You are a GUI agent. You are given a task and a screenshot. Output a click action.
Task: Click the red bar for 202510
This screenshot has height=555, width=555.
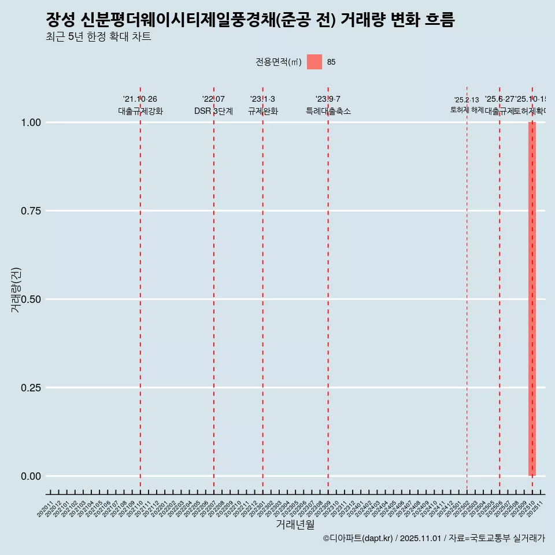pos(532,299)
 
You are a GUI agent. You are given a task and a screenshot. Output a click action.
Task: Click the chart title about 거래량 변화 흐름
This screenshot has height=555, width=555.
pos(250,20)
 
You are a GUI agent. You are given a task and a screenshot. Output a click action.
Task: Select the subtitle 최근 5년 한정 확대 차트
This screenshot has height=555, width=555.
pos(98,37)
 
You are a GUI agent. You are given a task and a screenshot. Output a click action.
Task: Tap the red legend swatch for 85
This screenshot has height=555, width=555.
pos(314,62)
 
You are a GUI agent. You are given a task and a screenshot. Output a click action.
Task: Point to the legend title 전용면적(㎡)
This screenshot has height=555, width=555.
pos(278,62)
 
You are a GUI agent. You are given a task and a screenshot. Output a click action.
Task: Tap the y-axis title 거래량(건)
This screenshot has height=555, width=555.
pos(16,290)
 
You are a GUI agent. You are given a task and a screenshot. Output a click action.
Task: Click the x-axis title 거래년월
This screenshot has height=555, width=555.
pos(295,524)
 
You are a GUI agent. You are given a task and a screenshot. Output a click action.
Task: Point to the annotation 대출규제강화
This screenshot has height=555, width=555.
pos(140,111)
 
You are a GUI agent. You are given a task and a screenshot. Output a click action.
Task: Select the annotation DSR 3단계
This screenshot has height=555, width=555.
pos(213,111)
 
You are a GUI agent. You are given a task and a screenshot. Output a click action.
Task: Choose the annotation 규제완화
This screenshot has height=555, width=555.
pos(263,111)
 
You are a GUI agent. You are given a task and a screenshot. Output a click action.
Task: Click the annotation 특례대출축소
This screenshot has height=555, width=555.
pos(328,111)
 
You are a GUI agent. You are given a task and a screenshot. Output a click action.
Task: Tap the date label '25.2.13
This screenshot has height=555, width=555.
pos(467,100)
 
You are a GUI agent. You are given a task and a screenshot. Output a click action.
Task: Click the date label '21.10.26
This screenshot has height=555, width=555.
pos(140,99)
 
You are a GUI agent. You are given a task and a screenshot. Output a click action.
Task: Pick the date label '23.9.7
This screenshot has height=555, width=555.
pos(328,99)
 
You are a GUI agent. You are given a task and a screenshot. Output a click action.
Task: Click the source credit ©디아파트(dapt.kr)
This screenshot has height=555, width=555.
pos(358,538)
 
